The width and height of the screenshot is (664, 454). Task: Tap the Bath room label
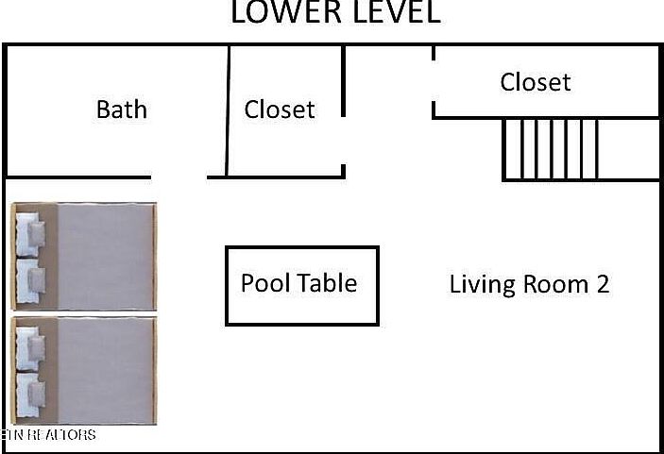click(122, 109)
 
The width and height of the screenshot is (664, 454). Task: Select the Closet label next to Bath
click(280, 109)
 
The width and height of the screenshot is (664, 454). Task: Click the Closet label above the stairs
click(536, 82)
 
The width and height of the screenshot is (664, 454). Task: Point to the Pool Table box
click(301, 285)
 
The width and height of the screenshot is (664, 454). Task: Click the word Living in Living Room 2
click(479, 284)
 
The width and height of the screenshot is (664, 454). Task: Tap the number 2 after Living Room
click(602, 283)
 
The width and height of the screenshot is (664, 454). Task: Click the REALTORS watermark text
click(52, 435)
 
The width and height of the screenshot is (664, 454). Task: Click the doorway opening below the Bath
click(179, 177)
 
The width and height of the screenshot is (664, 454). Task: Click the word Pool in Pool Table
click(264, 283)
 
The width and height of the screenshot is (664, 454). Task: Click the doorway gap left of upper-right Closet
click(434, 82)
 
